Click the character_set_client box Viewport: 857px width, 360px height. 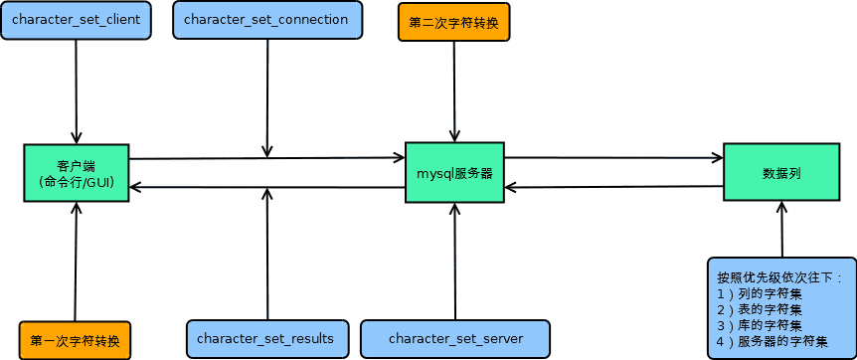(x=76, y=20)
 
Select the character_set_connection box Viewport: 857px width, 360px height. (x=266, y=20)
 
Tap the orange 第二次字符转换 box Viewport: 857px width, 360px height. (x=454, y=22)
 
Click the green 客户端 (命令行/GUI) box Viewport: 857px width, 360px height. (x=77, y=173)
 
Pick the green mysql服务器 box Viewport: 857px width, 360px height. (x=454, y=172)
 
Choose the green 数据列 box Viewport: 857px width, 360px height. (x=781, y=172)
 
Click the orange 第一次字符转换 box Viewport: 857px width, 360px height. (x=76, y=340)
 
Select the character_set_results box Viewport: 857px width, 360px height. (x=265, y=339)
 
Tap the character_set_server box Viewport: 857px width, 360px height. (x=455, y=339)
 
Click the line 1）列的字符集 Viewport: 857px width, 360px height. (x=761, y=293)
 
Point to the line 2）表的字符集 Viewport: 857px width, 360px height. (x=761, y=309)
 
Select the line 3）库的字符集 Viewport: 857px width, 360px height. (x=761, y=325)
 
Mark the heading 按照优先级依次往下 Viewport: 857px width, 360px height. (x=779, y=276)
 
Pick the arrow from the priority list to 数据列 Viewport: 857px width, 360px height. (x=781, y=229)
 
